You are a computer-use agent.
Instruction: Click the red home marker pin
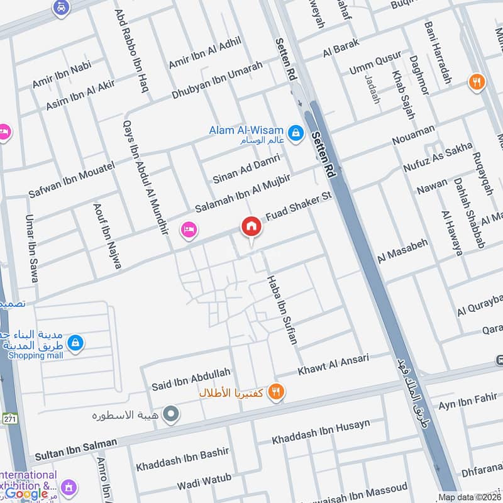pos(251,226)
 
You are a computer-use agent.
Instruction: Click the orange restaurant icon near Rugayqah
pos(477,82)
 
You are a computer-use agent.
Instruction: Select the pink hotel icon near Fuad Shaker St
pos(188,230)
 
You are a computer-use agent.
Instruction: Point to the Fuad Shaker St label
pos(298,207)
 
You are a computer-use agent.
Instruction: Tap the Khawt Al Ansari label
pos(334,363)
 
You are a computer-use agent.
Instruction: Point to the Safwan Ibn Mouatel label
pos(71,179)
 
